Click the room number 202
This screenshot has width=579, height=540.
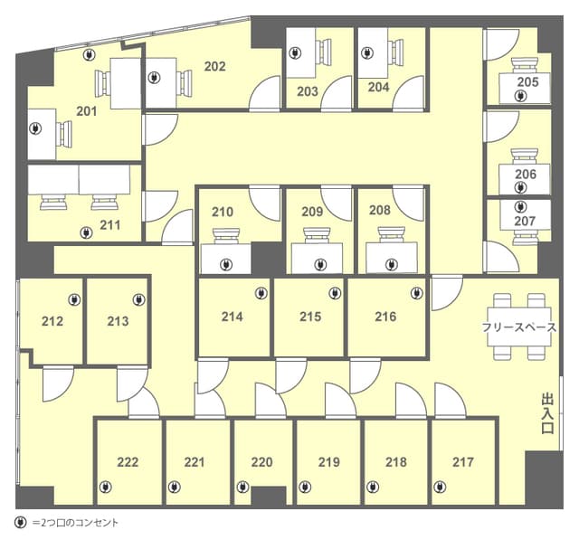(x=215, y=66)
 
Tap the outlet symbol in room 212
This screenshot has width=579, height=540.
(x=74, y=299)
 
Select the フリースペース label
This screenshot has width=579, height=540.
(x=518, y=327)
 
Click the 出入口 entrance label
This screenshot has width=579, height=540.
(x=547, y=413)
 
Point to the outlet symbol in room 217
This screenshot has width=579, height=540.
(x=440, y=488)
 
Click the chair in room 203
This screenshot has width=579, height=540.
(x=325, y=52)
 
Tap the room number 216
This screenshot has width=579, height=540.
(x=385, y=317)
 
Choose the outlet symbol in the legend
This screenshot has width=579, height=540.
(x=20, y=523)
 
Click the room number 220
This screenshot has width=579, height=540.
(x=261, y=462)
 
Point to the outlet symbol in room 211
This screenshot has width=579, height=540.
(x=87, y=232)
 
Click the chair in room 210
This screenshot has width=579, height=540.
(x=227, y=236)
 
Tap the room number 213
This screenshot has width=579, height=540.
(x=118, y=321)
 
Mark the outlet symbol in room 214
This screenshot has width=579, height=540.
(x=261, y=293)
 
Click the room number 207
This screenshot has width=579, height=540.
(x=525, y=221)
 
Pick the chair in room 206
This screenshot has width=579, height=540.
(x=525, y=156)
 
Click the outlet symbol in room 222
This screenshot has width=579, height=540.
(x=106, y=488)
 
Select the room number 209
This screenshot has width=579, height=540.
(x=312, y=212)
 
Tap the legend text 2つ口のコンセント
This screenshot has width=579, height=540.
(x=75, y=523)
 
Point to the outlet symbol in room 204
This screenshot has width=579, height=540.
(x=366, y=53)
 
